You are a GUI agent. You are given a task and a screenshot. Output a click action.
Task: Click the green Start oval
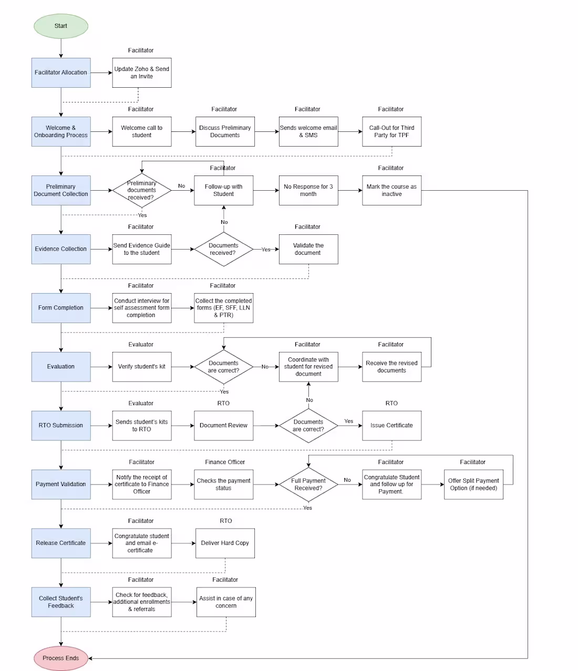click(60, 26)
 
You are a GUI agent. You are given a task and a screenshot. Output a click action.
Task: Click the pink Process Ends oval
click(60, 658)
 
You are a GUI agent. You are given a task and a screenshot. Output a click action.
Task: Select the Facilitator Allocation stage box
click(60, 73)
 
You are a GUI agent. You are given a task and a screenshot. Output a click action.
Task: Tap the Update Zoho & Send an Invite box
click(141, 73)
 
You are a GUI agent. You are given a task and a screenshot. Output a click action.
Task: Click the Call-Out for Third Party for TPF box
click(391, 131)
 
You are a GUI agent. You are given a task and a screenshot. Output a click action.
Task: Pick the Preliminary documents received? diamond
click(141, 190)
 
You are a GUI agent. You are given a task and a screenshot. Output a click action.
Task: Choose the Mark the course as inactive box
click(391, 190)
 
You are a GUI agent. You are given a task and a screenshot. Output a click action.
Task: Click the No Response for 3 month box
click(308, 190)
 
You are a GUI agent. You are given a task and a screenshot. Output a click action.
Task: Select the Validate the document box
click(308, 249)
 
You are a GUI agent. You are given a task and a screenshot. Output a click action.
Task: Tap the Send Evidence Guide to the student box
click(141, 249)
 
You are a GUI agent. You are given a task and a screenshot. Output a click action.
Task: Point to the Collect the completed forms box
click(223, 308)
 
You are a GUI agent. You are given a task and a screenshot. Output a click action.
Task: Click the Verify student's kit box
click(141, 367)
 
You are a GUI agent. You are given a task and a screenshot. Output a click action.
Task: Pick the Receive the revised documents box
click(391, 367)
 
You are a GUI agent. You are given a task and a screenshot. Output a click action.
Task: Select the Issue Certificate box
click(391, 426)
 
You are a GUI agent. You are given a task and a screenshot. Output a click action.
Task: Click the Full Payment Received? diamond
click(308, 484)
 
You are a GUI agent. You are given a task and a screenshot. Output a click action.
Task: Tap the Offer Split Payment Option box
click(473, 484)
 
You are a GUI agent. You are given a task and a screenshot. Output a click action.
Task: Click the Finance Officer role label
click(225, 462)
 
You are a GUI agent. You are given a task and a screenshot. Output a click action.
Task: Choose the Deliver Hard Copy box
click(225, 543)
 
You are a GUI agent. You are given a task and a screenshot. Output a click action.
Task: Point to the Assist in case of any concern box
click(226, 602)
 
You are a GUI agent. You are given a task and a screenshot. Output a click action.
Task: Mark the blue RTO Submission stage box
click(60, 426)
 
